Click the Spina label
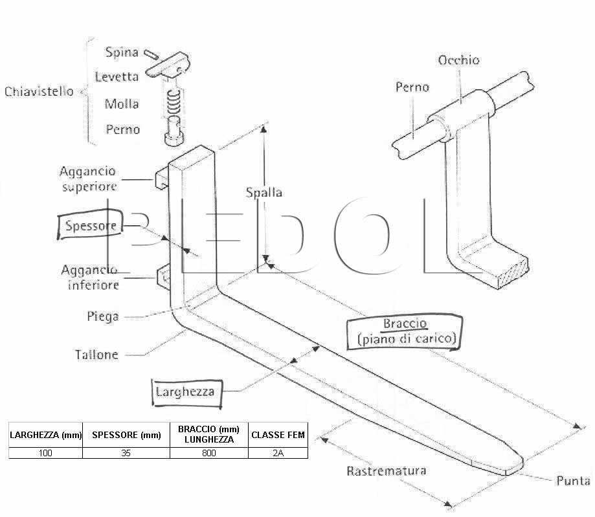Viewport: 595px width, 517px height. click(x=122, y=52)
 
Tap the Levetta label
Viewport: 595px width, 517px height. click(x=117, y=77)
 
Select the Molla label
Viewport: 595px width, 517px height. click(x=122, y=104)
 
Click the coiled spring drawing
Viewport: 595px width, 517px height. click(x=174, y=102)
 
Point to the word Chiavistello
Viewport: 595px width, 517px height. click(x=39, y=91)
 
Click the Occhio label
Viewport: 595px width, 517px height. click(x=459, y=60)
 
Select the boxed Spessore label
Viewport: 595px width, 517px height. click(x=90, y=225)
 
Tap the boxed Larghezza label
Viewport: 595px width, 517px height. click(x=186, y=393)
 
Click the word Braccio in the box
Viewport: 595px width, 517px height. click(x=405, y=324)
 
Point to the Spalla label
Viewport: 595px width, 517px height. click(x=264, y=193)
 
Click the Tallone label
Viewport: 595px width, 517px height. click(x=96, y=355)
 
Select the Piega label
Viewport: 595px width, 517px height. click(x=103, y=316)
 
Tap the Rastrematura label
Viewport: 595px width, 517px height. click(x=387, y=471)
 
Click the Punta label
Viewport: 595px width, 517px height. click(x=574, y=481)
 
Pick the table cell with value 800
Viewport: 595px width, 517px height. click(x=209, y=453)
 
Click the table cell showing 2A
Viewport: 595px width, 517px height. click(x=278, y=453)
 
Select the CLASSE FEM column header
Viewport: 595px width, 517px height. click(x=278, y=435)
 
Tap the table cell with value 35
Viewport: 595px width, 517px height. click(x=126, y=453)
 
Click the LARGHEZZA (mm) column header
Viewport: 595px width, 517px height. click(x=45, y=435)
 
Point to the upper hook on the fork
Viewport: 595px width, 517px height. click(x=161, y=179)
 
